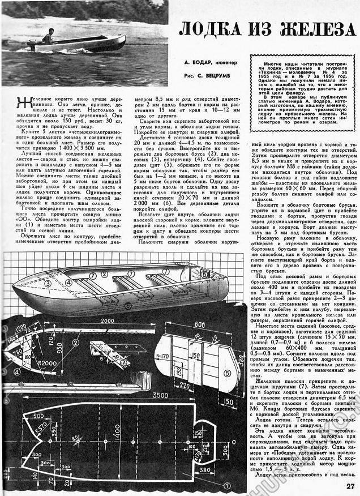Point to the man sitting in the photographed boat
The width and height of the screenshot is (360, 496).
[48, 36]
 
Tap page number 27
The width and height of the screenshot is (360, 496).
[351, 484]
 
